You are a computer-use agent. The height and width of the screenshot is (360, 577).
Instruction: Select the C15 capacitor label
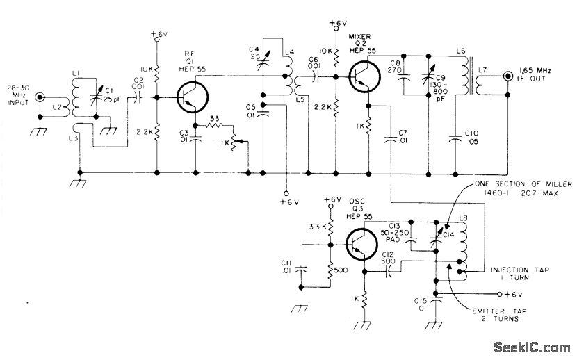click(x=421, y=304)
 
